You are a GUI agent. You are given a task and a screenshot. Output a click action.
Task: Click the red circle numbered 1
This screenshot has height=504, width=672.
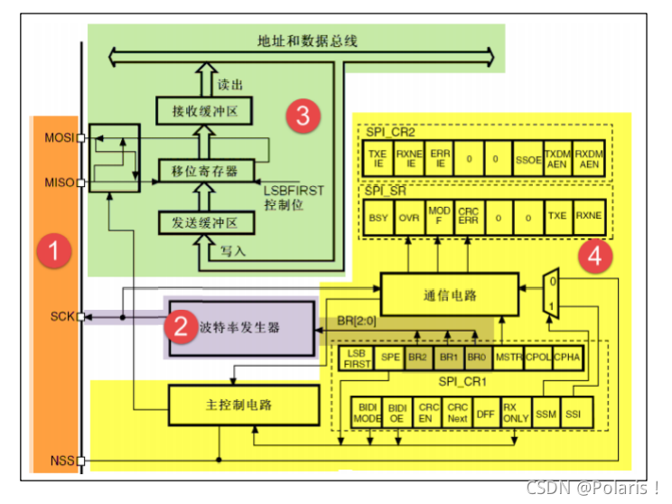53,252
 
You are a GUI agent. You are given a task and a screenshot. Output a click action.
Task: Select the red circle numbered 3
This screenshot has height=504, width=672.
303,116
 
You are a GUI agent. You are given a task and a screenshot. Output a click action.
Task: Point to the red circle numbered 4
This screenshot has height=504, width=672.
593,257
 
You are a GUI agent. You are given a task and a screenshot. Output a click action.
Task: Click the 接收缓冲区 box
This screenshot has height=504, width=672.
204,111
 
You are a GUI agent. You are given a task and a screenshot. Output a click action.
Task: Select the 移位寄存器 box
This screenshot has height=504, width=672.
204,169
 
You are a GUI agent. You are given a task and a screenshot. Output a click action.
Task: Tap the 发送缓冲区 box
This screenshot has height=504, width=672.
204,221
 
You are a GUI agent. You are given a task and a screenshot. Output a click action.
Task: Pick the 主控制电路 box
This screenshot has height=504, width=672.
245,404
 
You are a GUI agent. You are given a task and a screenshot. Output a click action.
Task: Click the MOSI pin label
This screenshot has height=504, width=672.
59,138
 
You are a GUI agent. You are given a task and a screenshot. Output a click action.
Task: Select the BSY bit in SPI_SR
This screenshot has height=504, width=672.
378,218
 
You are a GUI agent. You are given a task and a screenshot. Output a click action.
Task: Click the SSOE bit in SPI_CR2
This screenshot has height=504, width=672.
528,160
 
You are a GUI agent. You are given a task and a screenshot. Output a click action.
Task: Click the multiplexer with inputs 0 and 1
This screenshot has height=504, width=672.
553,293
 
